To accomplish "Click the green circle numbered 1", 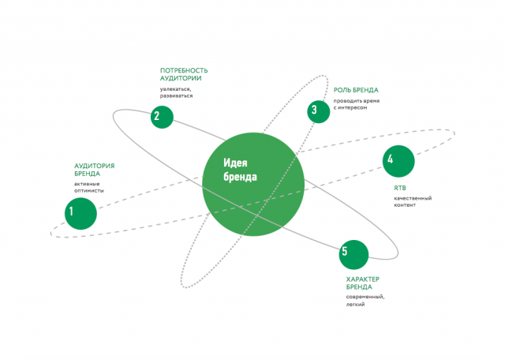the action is (x=80, y=214).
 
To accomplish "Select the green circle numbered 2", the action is (x=162, y=117).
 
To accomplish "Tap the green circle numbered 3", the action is (x=319, y=111).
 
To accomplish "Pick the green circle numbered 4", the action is (x=398, y=161).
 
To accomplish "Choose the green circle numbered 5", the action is (x=353, y=255).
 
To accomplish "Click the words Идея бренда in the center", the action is (x=240, y=170).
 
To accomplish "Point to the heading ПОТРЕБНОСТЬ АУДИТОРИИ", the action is (x=184, y=74).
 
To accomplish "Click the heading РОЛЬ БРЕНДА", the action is (x=356, y=90).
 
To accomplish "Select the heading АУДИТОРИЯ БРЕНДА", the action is (x=95, y=170).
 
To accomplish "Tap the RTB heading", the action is (x=400, y=188).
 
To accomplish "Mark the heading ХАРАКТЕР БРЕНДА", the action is (x=363, y=283).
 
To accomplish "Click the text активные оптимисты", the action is (x=89, y=187).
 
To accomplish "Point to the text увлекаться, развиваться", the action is (x=177, y=92).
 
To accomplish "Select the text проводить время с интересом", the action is (x=357, y=104).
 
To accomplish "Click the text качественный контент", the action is (x=413, y=201).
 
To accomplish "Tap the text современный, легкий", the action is (x=365, y=300).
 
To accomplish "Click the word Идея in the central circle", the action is (x=235, y=163).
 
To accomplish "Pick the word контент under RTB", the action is (x=405, y=205).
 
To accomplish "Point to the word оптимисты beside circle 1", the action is (x=89, y=190).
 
